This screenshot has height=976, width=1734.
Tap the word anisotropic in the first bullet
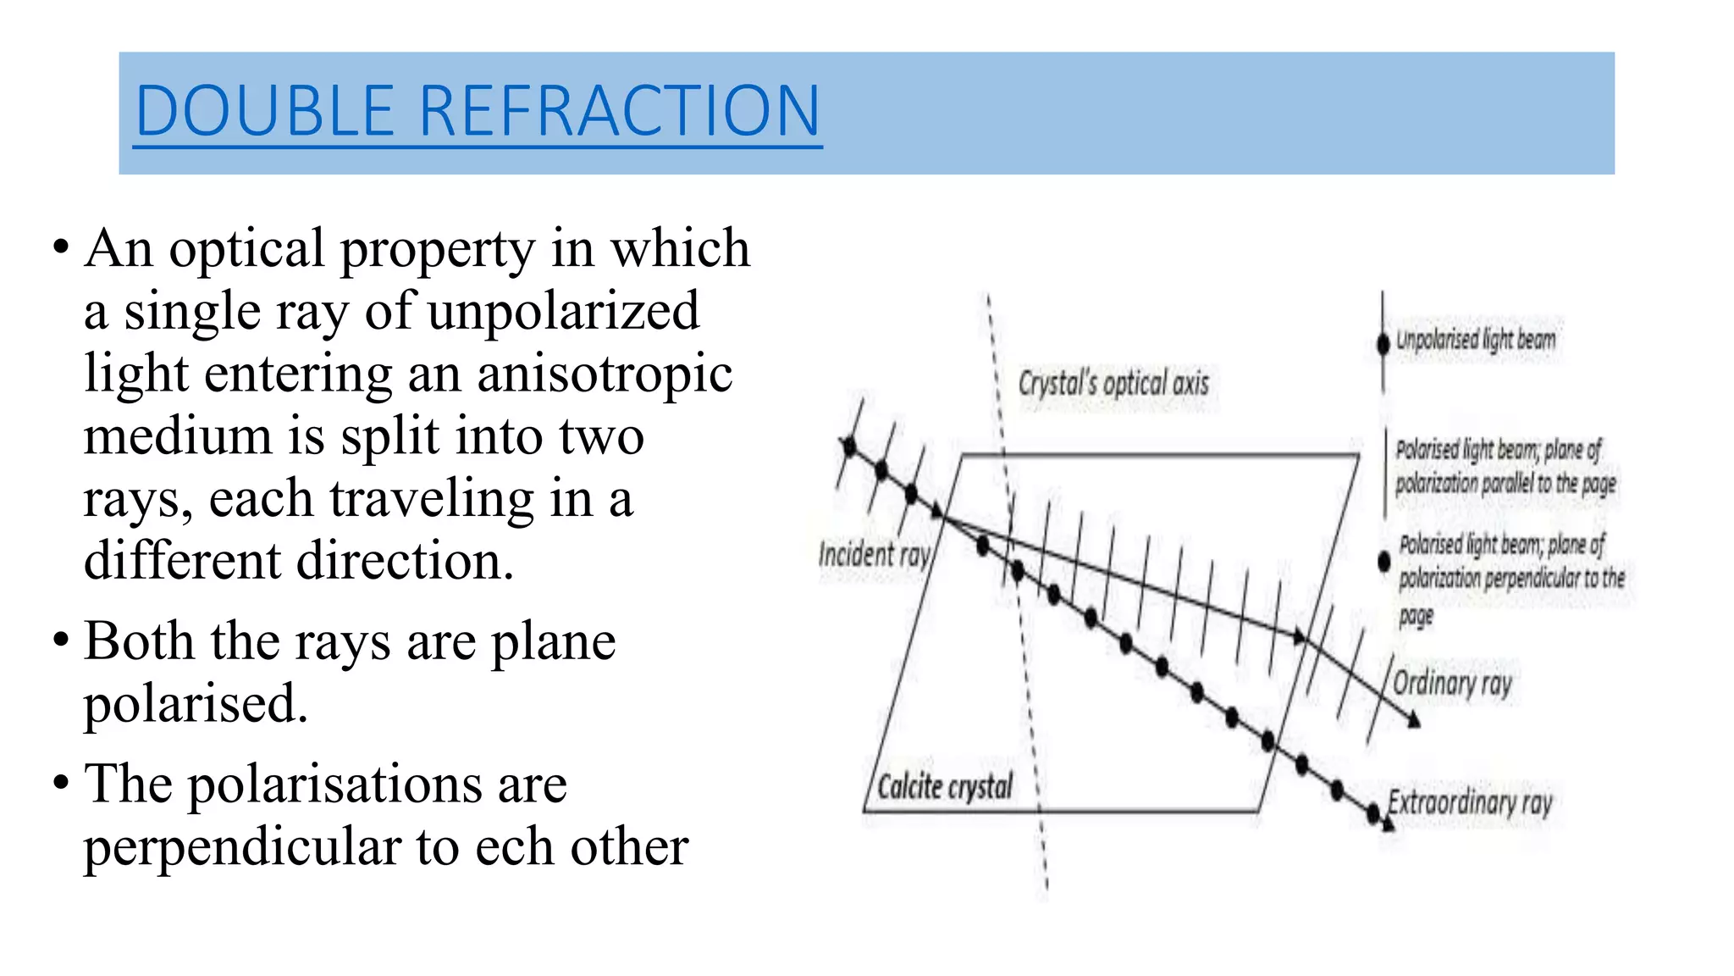(605, 374)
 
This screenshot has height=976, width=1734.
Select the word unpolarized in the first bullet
(563, 311)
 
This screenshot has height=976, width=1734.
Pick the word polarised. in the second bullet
(196, 703)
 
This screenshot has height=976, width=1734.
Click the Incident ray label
(874, 554)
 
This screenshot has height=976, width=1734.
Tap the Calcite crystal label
(944, 786)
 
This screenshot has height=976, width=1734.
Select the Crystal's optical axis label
(1113, 383)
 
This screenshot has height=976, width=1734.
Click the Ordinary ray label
(1452, 683)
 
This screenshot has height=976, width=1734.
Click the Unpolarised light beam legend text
(1476, 340)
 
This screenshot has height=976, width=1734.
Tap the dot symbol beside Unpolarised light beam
(1383, 343)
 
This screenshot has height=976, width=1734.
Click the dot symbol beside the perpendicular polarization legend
(1384, 561)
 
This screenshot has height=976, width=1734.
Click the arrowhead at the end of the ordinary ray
(1413, 721)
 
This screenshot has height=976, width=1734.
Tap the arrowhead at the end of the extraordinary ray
(1386, 823)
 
